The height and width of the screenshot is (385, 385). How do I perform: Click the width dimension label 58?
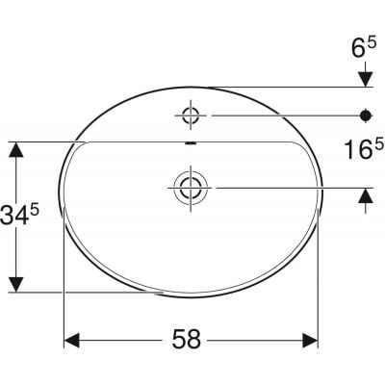click(189, 340)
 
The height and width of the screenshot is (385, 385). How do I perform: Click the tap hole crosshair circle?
click(190, 116)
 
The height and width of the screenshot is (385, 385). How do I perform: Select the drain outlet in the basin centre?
click(190, 187)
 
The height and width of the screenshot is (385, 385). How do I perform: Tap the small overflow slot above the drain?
click(190, 146)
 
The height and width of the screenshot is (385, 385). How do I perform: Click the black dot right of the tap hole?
click(365, 116)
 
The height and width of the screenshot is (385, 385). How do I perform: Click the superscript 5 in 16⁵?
click(379, 141)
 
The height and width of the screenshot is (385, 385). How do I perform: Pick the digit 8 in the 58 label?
click(199, 340)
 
